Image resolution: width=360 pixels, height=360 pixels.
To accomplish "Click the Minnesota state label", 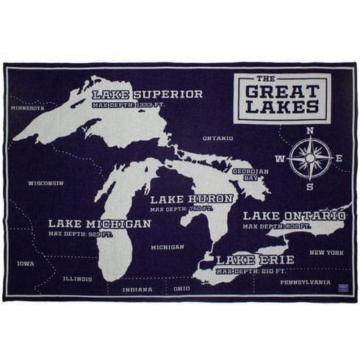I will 27,108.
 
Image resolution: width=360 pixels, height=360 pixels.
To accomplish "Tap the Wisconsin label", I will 46,183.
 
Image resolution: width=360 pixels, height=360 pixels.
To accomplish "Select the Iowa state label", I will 26,263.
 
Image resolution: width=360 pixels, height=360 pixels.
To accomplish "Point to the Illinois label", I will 77,279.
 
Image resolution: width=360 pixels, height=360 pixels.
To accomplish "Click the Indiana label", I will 137,289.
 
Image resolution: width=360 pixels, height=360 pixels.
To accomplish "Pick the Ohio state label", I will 181,289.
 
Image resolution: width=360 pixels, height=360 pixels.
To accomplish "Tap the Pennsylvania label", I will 305,282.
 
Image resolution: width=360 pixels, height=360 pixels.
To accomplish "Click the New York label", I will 326,253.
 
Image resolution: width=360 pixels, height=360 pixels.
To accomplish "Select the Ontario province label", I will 217,138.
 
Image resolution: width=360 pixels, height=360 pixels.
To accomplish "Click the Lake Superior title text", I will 147,94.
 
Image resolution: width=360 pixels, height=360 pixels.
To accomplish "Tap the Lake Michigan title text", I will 99,223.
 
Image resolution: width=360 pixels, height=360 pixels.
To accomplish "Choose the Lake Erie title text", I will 254,259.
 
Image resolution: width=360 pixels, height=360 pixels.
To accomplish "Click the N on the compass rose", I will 310,131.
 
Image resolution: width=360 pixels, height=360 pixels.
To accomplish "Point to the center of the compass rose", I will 310,158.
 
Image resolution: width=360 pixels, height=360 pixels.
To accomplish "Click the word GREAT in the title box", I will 281,92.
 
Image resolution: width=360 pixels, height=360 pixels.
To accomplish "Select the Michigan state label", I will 168,248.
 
